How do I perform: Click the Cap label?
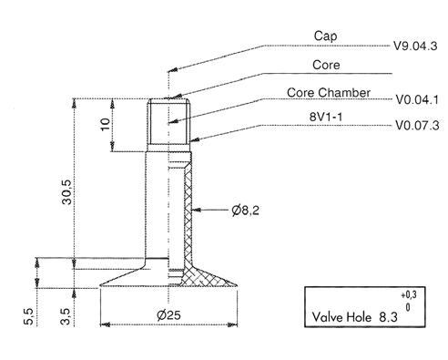tap(325, 36)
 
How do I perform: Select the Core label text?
tap(326, 65)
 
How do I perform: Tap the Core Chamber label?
tap(329, 93)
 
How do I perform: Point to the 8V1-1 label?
tap(326, 117)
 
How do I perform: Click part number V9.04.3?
tap(415, 46)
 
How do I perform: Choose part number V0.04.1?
tap(417, 99)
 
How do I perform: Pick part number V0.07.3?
tap(417, 125)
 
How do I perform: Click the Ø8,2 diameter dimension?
tap(246, 210)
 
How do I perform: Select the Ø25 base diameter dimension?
tap(168, 315)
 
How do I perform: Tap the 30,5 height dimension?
tap(66, 191)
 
